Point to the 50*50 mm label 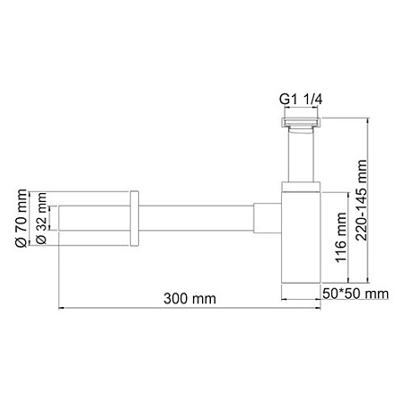tap(356, 294)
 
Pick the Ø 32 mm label tap(40, 219)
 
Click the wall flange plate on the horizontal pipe tap(134, 218)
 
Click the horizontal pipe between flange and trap tap(198, 218)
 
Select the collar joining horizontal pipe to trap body tap(268, 218)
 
